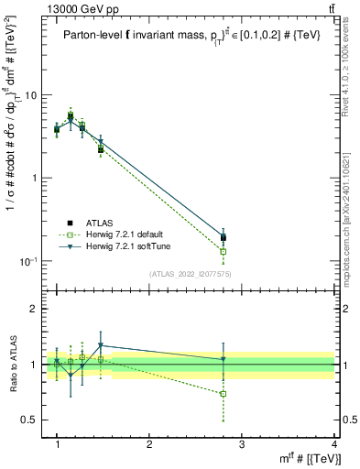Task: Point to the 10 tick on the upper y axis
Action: click(x=35, y=95)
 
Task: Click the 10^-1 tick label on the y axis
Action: click(x=30, y=261)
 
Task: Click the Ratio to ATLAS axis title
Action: click(x=12, y=365)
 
